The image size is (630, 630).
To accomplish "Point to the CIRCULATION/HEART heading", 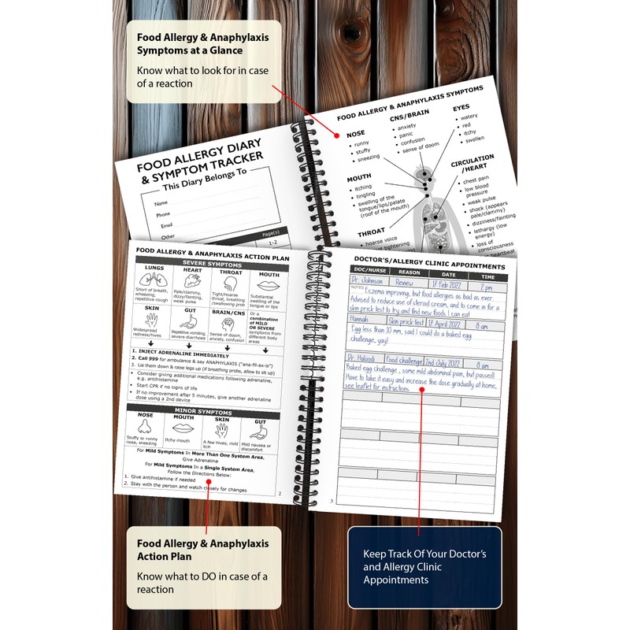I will click(472, 163).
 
